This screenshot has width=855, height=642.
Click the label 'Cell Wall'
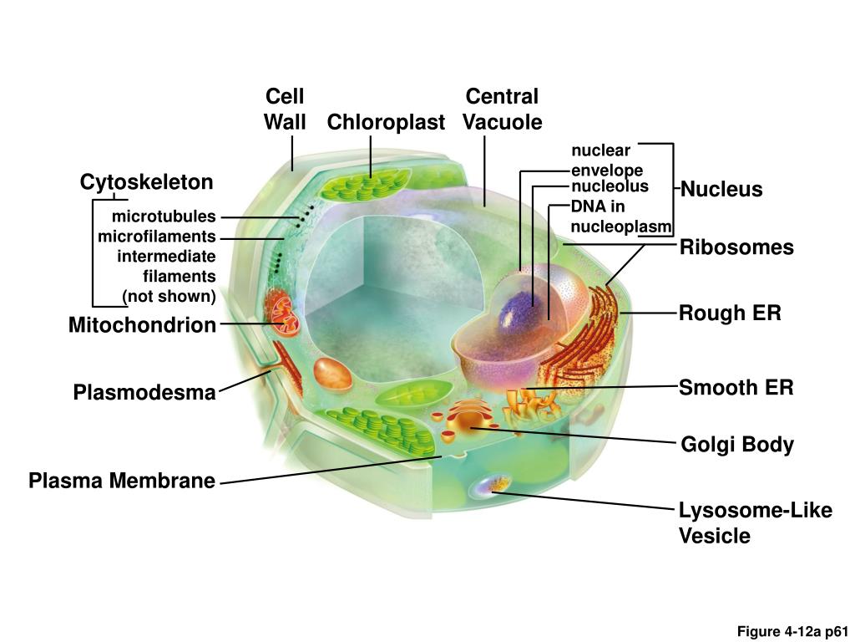[284, 110]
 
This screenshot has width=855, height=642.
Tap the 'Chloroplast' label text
[386, 122]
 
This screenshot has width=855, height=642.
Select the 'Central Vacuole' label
[502, 110]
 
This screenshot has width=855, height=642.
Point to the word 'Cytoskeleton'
[146, 182]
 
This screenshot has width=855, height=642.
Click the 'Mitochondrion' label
[142, 325]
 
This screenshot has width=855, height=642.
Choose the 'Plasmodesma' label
[144, 392]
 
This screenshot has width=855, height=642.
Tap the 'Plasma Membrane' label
[122, 481]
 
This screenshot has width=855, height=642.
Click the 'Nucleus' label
[721, 190]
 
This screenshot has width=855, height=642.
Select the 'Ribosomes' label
[736, 247]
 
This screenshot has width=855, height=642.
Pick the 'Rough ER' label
[730, 313]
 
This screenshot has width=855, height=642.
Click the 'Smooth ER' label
[736, 388]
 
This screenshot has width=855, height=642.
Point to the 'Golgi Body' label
[737, 445]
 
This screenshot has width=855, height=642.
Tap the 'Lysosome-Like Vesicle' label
[755, 522]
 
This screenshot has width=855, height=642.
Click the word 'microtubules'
[169, 217]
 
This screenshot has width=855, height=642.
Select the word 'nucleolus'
[610, 186]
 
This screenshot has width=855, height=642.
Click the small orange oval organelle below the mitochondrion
[333, 373]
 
